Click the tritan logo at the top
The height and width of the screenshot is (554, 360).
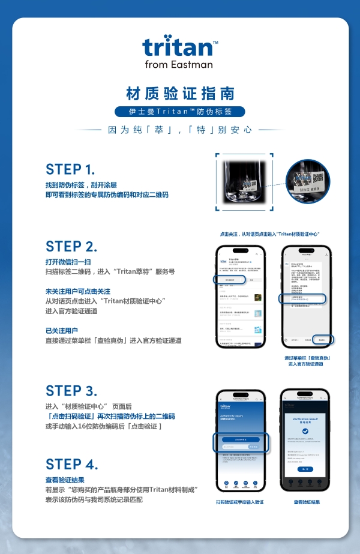[179, 47]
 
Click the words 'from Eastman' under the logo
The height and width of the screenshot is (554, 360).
[179, 64]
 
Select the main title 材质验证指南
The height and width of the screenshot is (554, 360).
[180, 94]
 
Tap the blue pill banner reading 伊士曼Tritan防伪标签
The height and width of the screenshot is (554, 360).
[180, 112]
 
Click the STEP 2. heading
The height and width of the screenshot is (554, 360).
[71, 246]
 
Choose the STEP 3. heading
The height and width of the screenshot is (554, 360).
[71, 391]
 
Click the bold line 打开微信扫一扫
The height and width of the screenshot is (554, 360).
[68, 262]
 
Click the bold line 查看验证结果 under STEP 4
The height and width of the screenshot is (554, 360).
[65, 480]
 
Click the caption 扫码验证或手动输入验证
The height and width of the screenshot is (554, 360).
[240, 502]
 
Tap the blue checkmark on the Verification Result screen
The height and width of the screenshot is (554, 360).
[307, 431]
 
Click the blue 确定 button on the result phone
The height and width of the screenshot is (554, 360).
[307, 468]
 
